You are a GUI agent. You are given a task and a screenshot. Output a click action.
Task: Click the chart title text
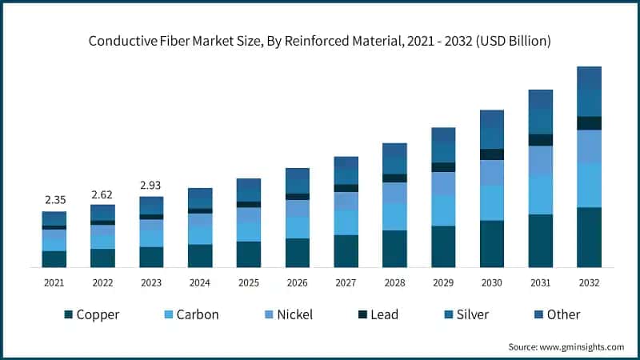tap(320, 39)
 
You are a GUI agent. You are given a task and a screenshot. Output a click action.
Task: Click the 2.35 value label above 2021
tap(54, 200)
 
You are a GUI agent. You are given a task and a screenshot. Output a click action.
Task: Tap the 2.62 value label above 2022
tap(102, 194)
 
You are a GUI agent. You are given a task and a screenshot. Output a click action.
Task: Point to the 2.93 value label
tap(151, 186)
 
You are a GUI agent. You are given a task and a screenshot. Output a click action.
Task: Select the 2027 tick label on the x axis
tap(346, 282)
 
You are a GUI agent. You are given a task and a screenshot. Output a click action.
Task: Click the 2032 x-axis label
tap(589, 282)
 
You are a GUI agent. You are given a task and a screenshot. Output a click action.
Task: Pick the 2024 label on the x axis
tap(200, 282)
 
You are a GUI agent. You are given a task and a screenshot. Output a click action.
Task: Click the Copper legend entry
tap(91, 314)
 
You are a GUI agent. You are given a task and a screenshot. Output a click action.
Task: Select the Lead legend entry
tap(380, 314)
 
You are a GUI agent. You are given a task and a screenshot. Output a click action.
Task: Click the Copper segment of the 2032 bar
tap(589, 237)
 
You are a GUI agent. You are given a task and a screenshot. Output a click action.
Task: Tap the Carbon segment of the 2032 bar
tap(589, 185)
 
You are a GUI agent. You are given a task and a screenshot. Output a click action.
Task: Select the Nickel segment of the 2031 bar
tap(540, 160)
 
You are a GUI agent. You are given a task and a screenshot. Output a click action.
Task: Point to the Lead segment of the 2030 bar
tap(491, 154)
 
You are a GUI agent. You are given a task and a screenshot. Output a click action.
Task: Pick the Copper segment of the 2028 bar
tap(394, 249)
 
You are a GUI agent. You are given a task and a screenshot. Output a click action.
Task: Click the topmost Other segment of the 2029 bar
tap(443, 135)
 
